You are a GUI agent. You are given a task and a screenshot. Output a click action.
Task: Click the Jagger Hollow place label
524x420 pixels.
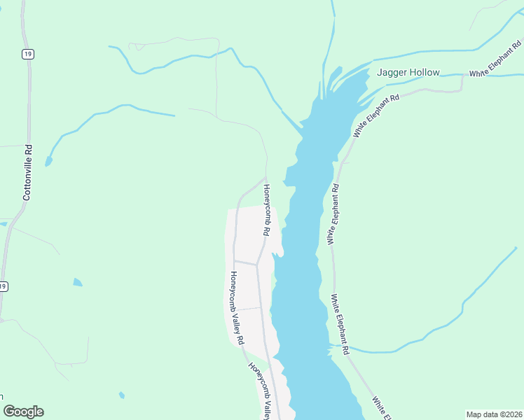(408, 72)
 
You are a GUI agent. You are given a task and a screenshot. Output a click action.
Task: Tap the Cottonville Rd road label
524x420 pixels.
(28, 173)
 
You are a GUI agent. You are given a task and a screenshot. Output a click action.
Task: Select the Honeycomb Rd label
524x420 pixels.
(266, 209)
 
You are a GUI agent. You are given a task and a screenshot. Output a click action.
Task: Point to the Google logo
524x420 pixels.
(23, 412)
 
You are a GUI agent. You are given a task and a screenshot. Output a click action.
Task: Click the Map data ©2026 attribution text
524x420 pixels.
(494, 414)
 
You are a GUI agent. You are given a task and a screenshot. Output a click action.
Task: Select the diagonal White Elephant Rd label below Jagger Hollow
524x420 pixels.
(376, 115)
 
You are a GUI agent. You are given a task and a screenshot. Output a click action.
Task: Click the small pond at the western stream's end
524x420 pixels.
(48, 162)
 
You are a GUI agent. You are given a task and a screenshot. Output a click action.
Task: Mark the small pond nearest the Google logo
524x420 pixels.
(122, 395)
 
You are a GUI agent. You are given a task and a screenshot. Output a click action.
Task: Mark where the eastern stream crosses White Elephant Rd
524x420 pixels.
(343, 346)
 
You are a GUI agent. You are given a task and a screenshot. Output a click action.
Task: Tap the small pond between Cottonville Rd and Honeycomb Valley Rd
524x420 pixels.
(77, 283)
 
